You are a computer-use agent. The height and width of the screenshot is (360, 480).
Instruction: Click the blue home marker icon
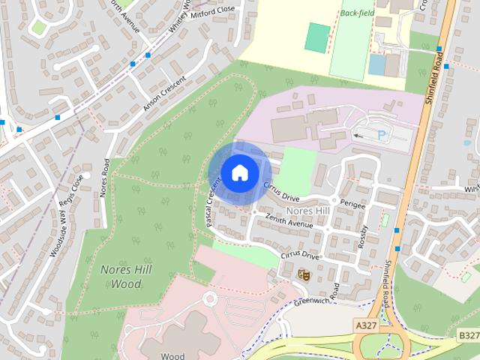click(239, 172)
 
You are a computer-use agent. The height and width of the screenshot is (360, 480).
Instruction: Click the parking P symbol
click(383, 135)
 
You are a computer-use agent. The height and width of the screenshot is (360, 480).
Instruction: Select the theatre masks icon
click(304, 274)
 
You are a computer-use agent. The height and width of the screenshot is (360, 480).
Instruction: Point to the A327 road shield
click(366, 325)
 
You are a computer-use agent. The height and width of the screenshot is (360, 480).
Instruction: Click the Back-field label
click(356, 13)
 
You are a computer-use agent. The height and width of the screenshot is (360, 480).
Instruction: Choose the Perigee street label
click(352, 205)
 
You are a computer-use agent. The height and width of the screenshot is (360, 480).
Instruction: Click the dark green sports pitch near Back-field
click(318, 37)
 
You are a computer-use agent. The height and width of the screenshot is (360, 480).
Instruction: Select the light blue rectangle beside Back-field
click(376, 64)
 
